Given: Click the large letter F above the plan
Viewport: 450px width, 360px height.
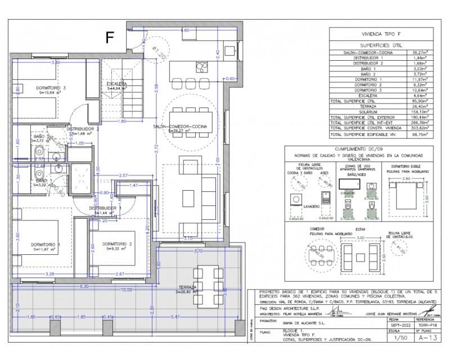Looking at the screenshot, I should click(x=110, y=37).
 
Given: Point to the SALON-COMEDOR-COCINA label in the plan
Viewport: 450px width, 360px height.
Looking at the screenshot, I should click(x=179, y=127).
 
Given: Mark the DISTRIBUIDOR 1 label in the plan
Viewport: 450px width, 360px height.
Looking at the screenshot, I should click(x=105, y=208).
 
